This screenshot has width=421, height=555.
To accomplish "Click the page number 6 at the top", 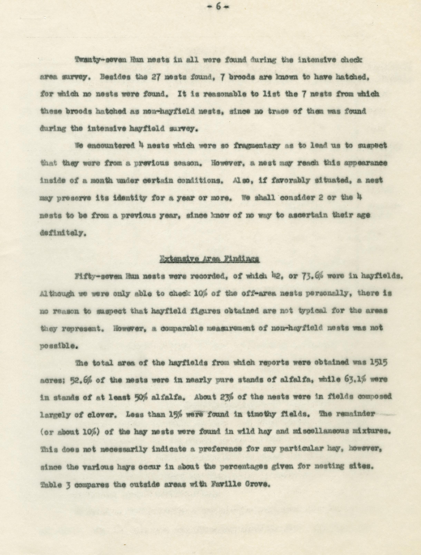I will (x=217, y=7).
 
